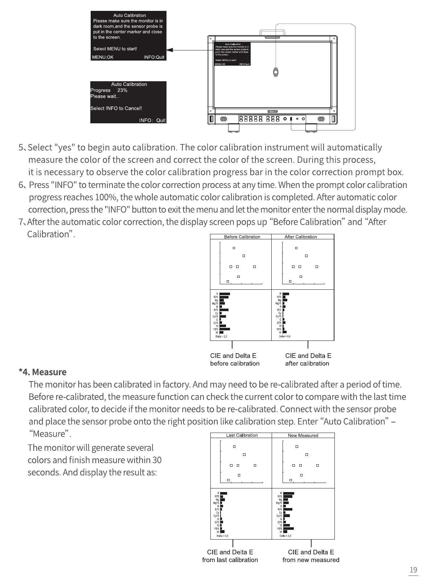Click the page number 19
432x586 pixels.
pos(413,570)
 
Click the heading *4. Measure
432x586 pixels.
pos(42,372)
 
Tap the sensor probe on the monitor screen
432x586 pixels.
pos(276,72)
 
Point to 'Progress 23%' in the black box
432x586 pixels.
pos(109,90)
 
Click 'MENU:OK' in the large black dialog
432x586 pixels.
pos(103,57)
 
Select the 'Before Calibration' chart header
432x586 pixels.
pos(242,237)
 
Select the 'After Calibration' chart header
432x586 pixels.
pos(301,237)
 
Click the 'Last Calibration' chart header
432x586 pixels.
pos(242,435)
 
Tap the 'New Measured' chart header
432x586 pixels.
pos(303,435)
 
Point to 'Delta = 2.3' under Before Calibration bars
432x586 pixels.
pos(221,337)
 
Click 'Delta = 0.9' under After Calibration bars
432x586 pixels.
pos(284,337)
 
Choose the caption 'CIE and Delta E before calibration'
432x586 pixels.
pos(235,359)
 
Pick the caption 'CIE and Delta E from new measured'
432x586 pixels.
pos(311,556)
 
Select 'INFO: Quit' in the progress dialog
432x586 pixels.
pos(152,120)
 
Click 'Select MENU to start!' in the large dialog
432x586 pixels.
pos(115,49)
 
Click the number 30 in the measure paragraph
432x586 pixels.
pos(157,460)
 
